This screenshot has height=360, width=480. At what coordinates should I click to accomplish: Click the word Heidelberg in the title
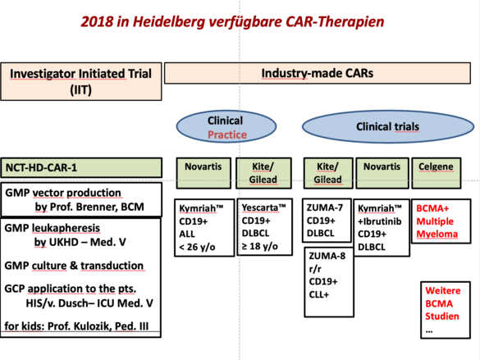tap(168, 22)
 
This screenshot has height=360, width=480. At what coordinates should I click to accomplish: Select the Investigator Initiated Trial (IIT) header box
tap(81, 81)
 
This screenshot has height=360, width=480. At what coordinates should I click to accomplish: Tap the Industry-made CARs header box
tap(318, 73)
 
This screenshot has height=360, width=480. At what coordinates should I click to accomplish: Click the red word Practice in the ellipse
tap(227, 134)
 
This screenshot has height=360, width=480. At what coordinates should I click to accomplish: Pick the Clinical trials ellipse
tap(388, 126)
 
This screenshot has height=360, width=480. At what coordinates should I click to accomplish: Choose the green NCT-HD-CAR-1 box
tap(81, 167)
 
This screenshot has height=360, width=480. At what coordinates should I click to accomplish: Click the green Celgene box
tap(437, 173)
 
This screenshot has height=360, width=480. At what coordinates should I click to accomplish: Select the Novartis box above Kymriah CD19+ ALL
tap(203, 173)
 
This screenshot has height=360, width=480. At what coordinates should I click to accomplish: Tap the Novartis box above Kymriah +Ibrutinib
tap(382, 173)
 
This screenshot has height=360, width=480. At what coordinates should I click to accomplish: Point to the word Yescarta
tap(260, 207)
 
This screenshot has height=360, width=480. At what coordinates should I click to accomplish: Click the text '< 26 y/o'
tap(197, 247)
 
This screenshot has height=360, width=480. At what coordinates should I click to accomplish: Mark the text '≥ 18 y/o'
tap(260, 246)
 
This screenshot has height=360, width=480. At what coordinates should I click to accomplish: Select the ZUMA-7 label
tap(325, 207)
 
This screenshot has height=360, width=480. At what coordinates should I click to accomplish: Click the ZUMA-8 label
tap(327, 256)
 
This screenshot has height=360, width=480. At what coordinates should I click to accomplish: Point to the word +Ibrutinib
tap(380, 221)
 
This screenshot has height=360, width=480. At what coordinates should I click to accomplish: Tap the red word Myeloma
tap(437, 234)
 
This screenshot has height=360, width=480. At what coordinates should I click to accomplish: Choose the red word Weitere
tap(442, 290)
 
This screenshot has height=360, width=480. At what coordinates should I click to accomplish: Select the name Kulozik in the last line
tap(92, 326)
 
